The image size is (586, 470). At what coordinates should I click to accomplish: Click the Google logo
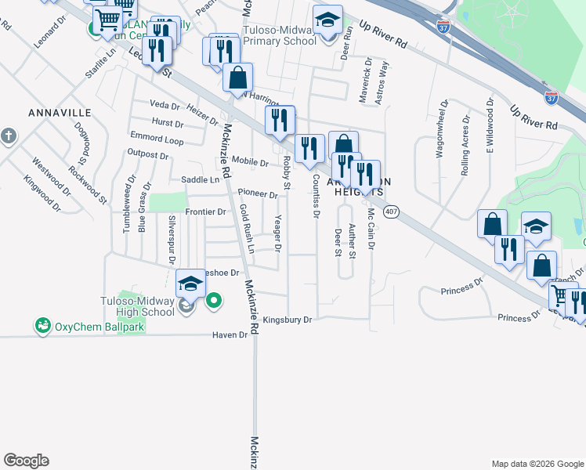click(x=26, y=461)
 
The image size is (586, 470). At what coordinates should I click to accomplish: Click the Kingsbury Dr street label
click(x=288, y=320)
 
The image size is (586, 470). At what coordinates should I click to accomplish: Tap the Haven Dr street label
click(x=230, y=334)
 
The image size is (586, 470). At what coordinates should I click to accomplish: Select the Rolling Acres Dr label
click(x=465, y=146)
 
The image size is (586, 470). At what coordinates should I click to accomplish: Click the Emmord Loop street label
click(x=157, y=141)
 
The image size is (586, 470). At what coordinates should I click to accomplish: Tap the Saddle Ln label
click(x=201, y=179)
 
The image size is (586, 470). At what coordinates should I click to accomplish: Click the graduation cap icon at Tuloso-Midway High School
click(x=190, y=284)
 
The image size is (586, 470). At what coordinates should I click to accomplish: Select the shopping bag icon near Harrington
click(x=238, y=78)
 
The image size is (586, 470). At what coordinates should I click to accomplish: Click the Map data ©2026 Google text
click(x=537, y=464)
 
